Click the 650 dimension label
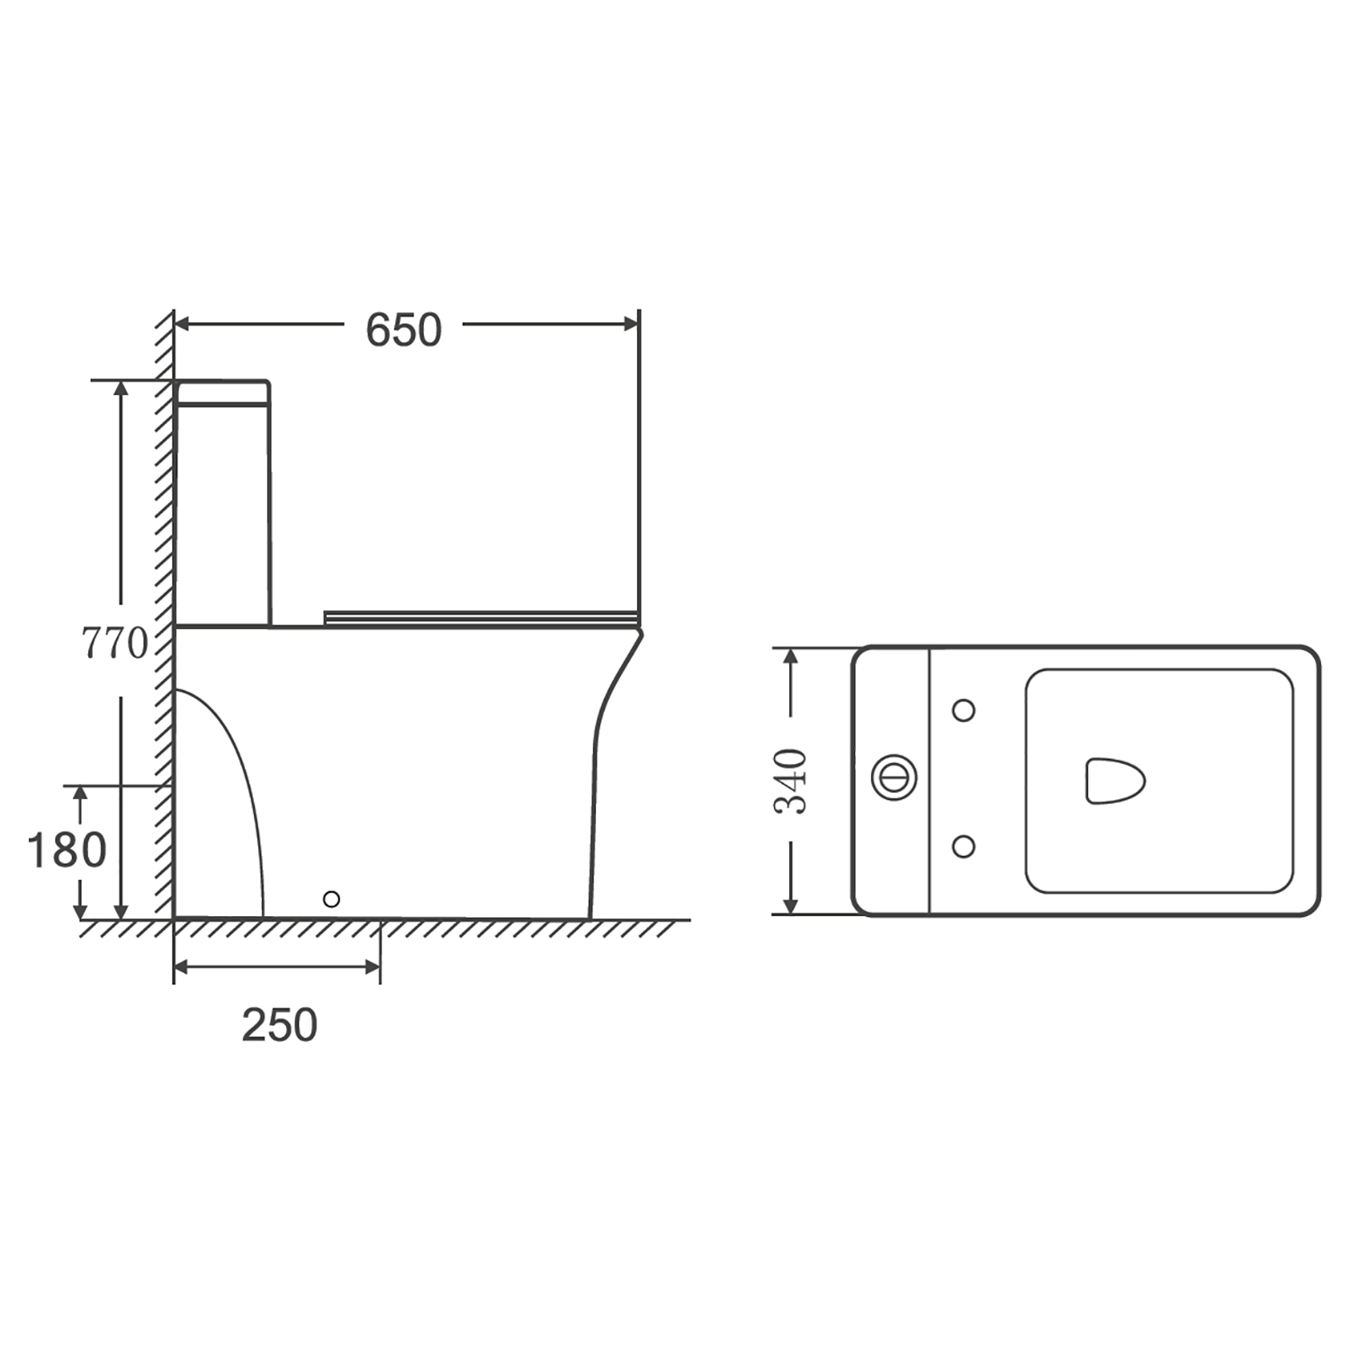coord(403,330)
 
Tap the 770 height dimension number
coord(114,643)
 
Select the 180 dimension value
coord(67,850)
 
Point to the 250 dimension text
coord(279,1025)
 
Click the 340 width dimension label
coord(791,781)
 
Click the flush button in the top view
coord(895,776)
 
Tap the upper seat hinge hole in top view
coord(963,710)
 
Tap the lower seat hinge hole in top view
coord(963,846)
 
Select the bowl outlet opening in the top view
coord(1114,780)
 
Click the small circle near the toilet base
coord(331,898)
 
